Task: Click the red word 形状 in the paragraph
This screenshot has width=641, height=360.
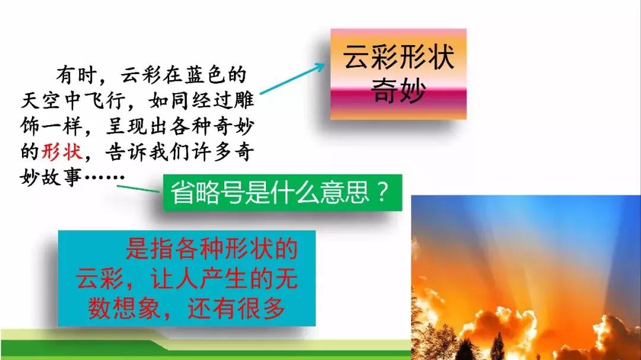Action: [x=62, y=152]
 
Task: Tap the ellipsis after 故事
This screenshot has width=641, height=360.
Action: [x=104, y=177]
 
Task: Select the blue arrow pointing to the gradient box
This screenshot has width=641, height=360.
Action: [x=292, y=78]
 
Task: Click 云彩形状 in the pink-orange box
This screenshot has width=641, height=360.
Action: [x=399, y=57]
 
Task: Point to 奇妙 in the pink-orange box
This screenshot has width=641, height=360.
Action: [x=399, y=90]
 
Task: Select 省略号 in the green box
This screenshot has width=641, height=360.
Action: [x=207, y=192]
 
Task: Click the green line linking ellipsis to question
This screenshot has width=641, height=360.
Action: [x=138, y=189]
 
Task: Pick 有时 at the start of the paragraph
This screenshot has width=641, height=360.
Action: [x=77, y=75]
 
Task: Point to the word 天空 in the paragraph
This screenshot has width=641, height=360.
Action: [x=40, y=100]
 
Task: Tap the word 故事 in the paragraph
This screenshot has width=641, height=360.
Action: [x=62, y=177]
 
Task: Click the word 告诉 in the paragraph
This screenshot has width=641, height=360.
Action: [x=125, y=152]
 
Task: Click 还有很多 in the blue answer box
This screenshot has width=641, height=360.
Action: [x=236, y=308]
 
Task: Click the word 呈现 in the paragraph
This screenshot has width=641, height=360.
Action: [x=125, y=126]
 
